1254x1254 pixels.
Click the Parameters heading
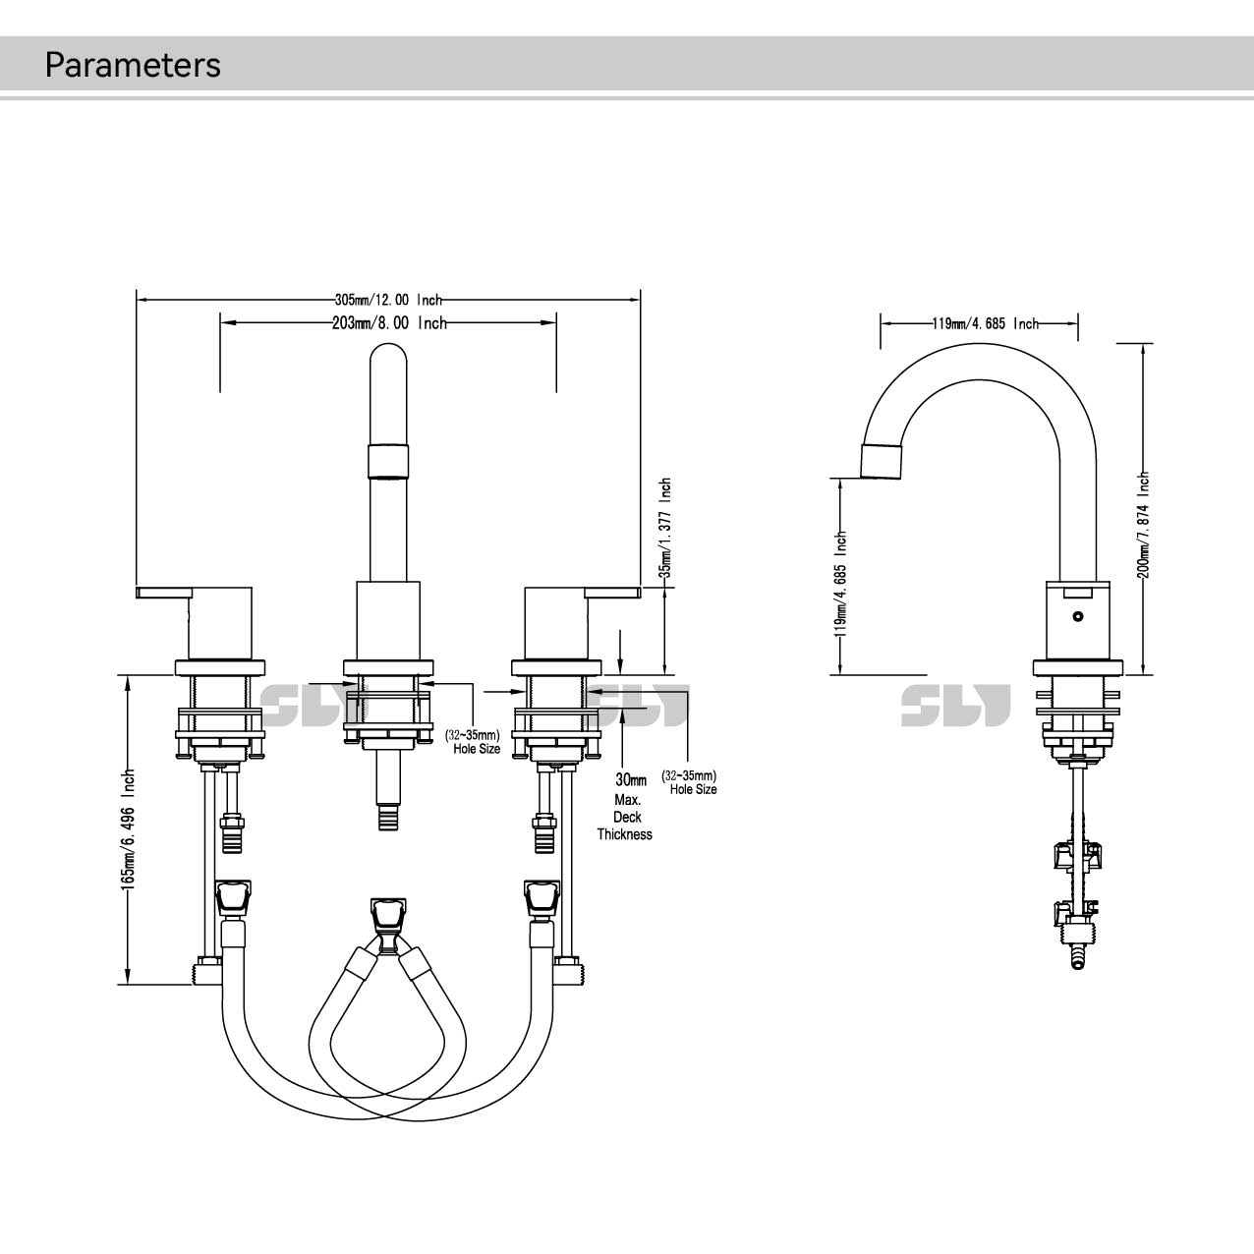(x=133, y=65)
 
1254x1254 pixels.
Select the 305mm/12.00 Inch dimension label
(x=388, y=300)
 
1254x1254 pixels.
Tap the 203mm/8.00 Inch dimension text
(x=388, y=322)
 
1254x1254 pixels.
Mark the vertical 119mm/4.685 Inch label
(x=840, y=584)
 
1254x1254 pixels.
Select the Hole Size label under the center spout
(x=477, y=749)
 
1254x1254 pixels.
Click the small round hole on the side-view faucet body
(x=1078, y=617)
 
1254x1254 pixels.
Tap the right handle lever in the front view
(x=612, y=592)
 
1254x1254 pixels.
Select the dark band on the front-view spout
(x=387, y=461)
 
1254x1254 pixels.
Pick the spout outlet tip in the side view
(x=881, y=460)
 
